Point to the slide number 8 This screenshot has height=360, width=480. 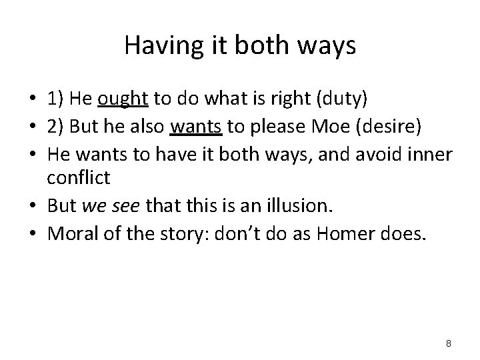[449, 343]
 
